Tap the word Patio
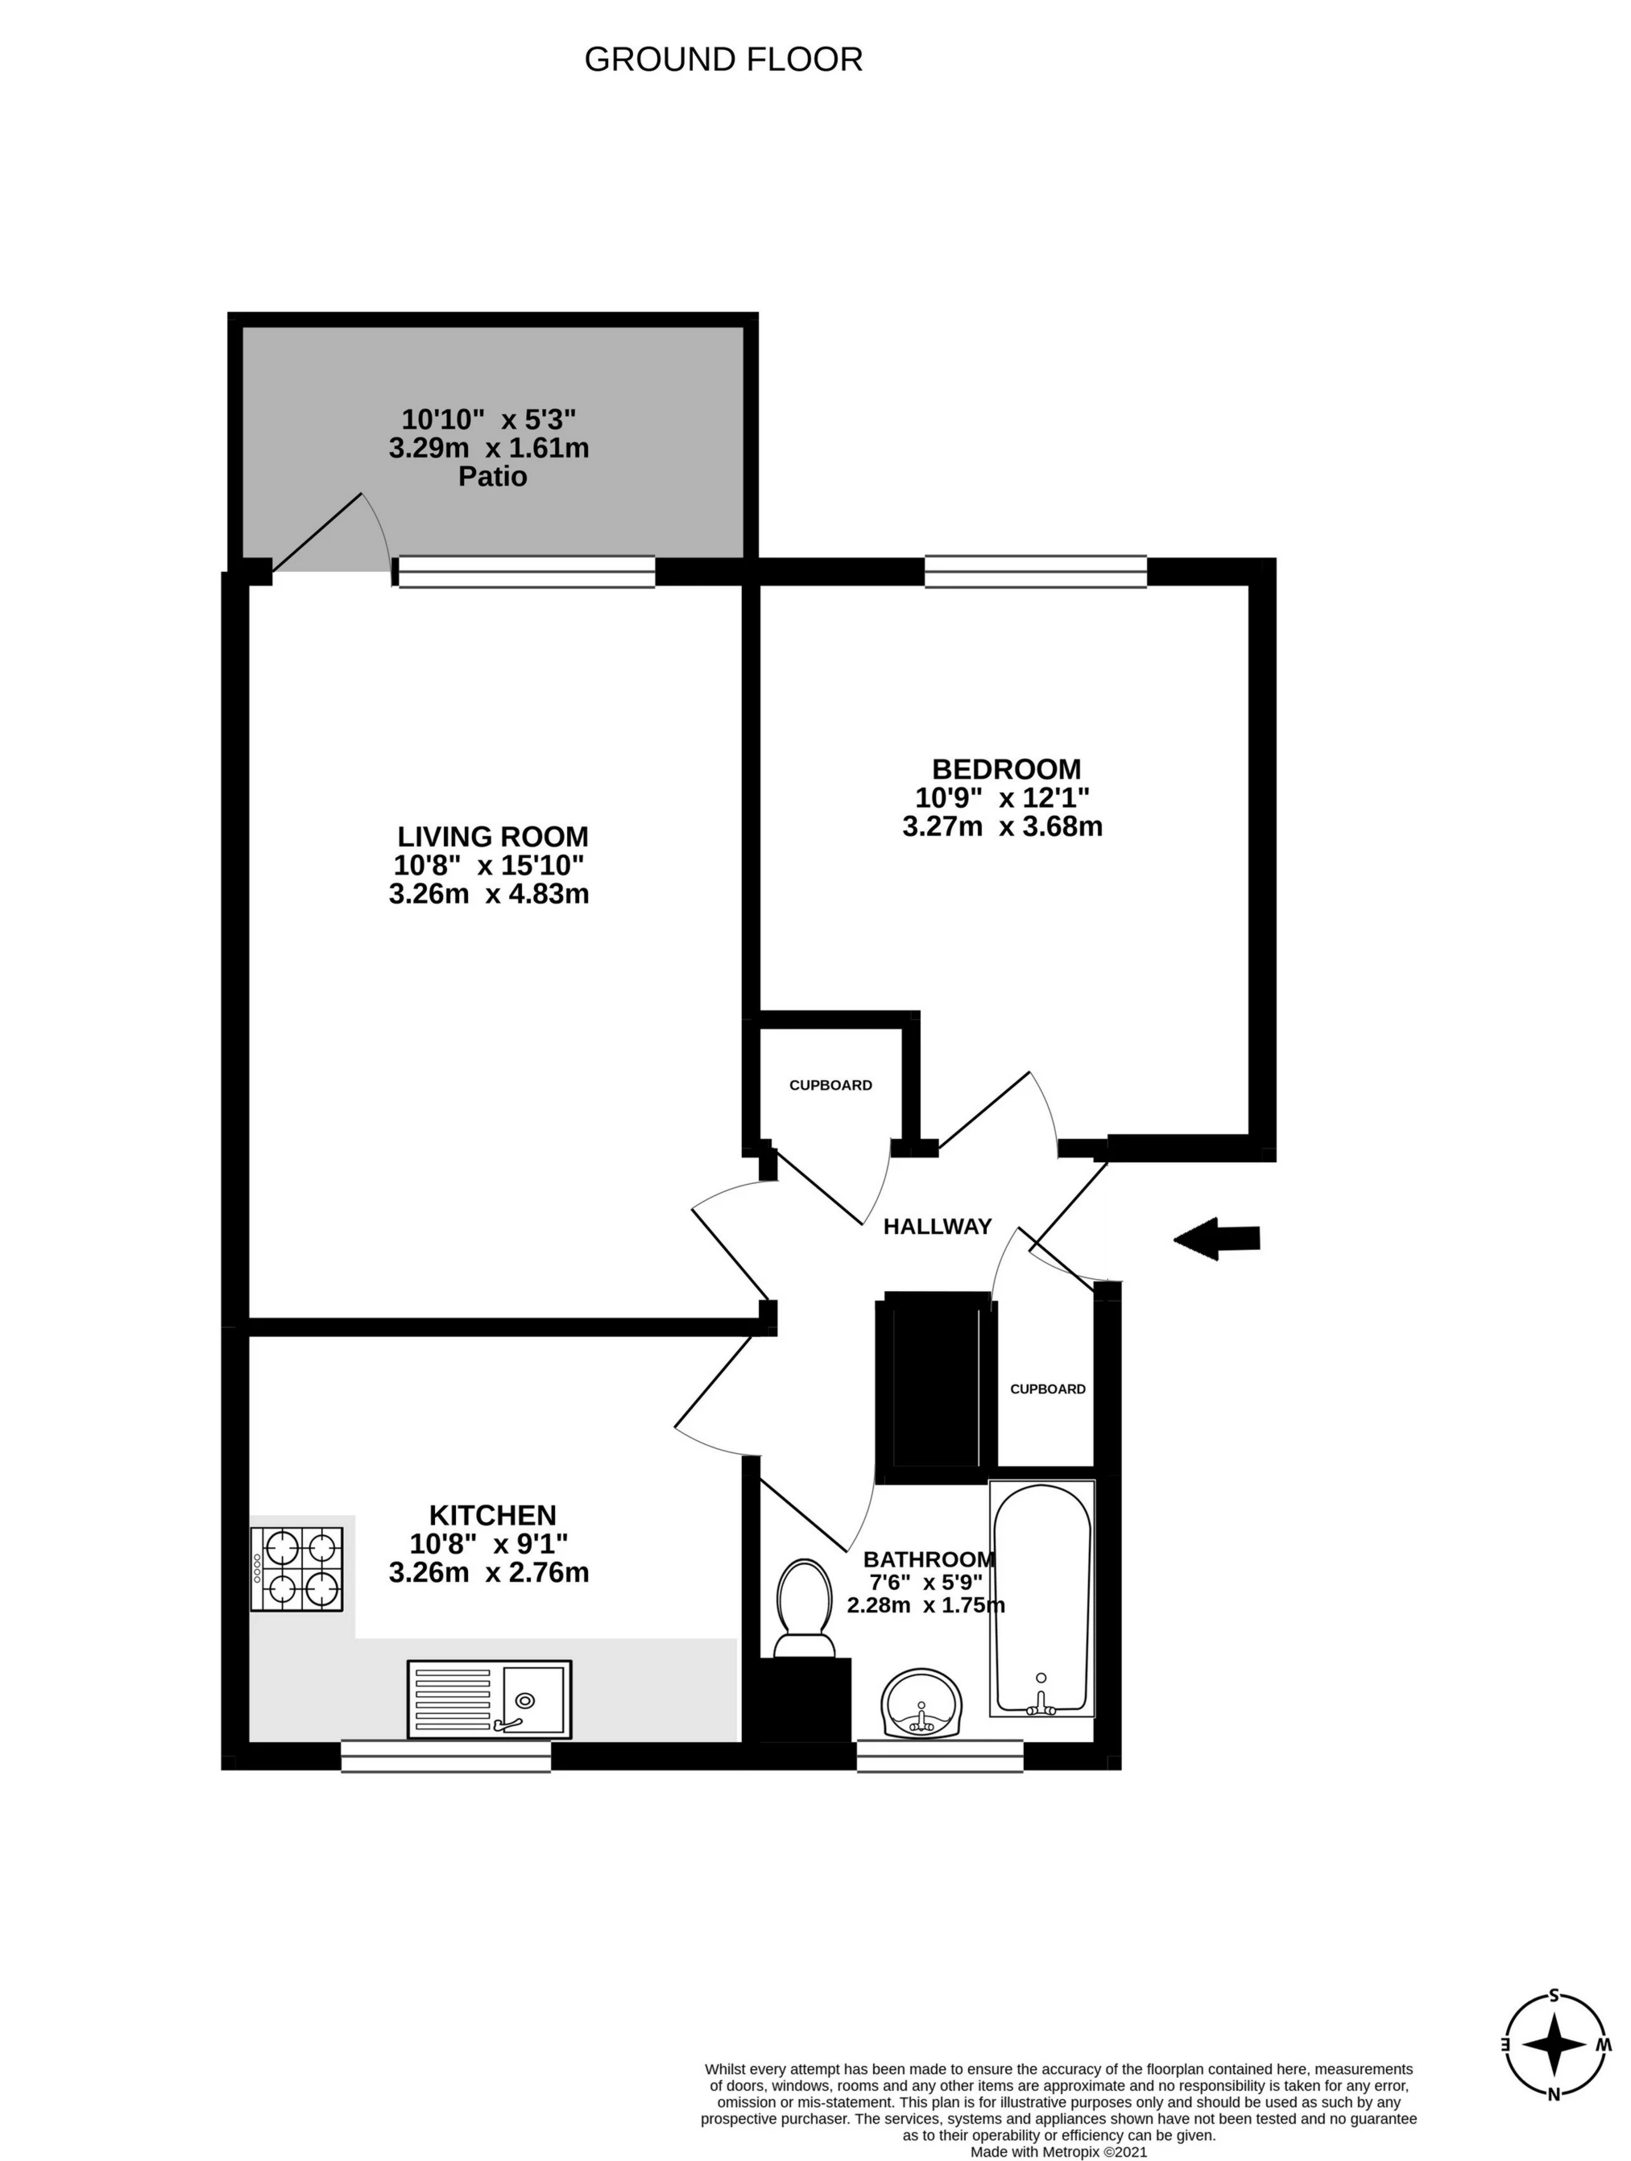pos(492,477)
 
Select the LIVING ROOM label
pos(492,836)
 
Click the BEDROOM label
pos(1006,769)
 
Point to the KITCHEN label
pos(492,1515)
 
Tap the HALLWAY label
pos(937,1226)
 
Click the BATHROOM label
pos(929,1559)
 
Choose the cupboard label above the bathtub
pos(1047,1389)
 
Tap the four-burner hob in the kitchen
pos(298,1569)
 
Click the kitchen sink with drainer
pos(490,1699)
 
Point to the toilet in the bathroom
pos(805,1607)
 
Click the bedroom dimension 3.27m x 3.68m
pos(1002,826)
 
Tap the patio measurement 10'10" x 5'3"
pos(490,420)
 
